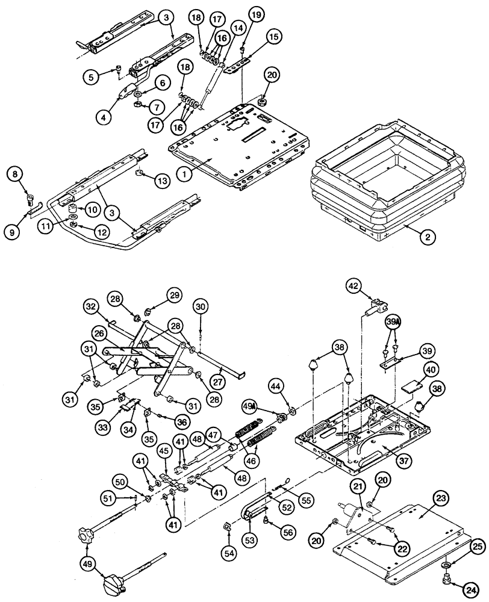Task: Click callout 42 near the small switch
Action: tap(354, 287)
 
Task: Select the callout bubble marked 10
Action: tap(93, 209)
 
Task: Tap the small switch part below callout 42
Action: tap(376, 307)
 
